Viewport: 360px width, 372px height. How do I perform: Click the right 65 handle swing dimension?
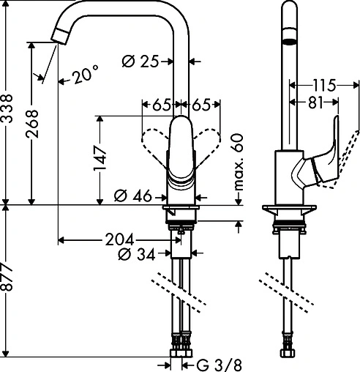tap(206, 105)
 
